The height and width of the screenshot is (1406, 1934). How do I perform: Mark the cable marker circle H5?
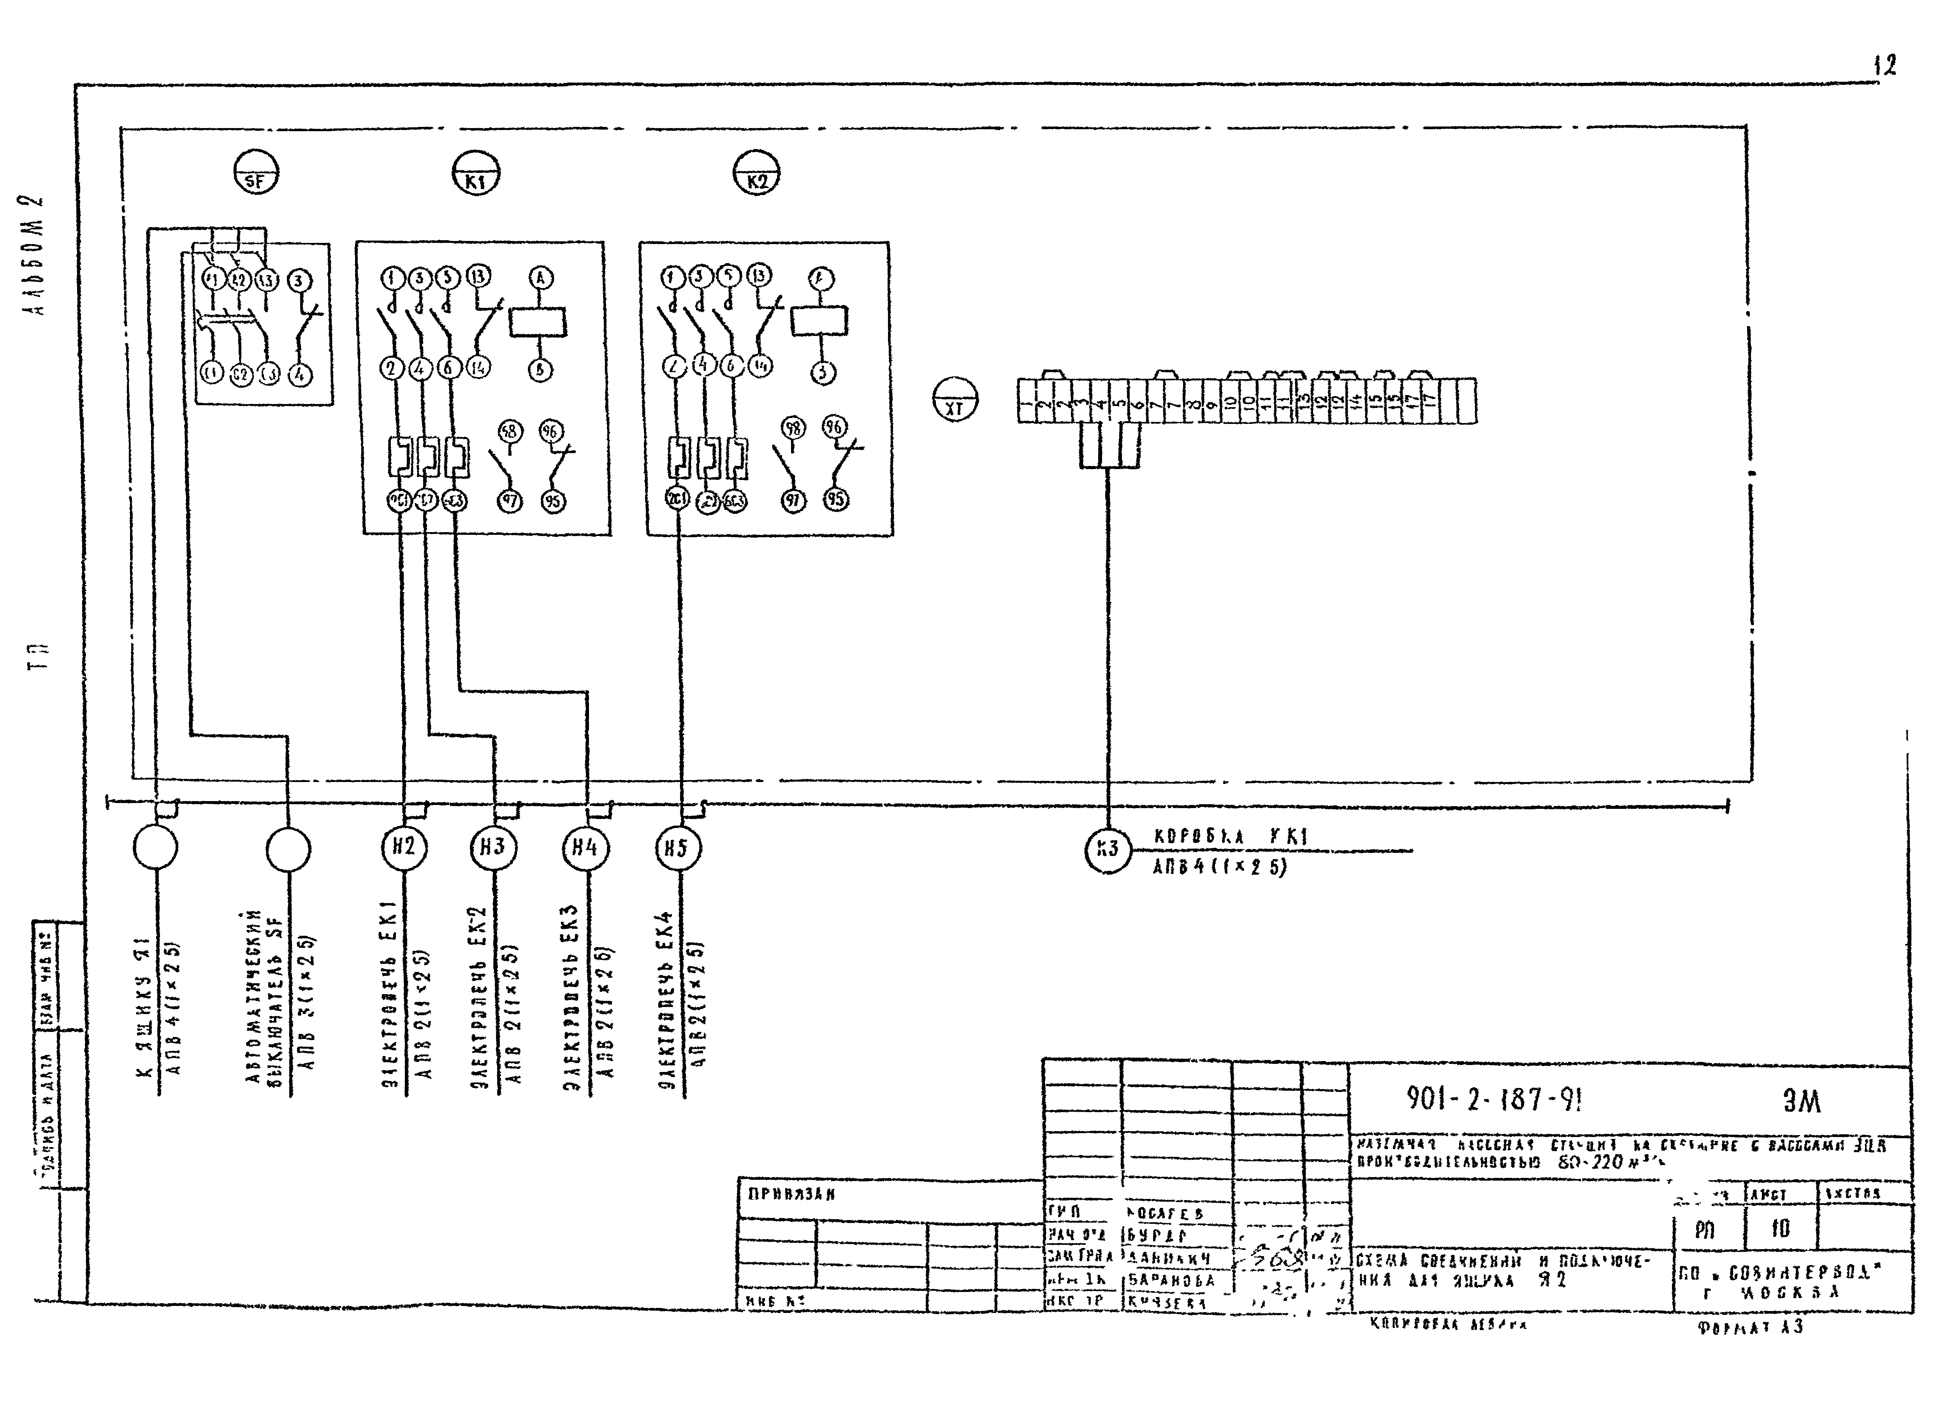678,848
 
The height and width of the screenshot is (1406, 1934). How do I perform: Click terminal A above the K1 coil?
542,278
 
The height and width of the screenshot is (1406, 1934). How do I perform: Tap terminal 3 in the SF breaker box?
299,281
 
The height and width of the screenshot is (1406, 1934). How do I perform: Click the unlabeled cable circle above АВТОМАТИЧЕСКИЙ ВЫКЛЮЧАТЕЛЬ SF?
288,849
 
